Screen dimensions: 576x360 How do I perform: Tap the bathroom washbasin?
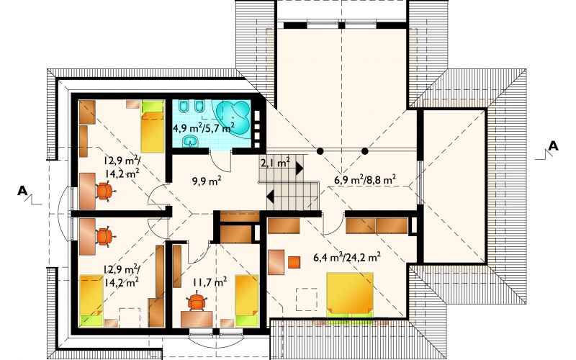pyautogui.click(x=190, y=140)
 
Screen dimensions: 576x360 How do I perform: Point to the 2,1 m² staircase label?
pyautogui.click(x=275, y=162)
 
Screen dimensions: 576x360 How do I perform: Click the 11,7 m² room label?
pyautogui.click(x=210, y=282)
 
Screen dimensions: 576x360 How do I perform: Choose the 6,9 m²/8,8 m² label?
pyautogui.click(x=365, y=179)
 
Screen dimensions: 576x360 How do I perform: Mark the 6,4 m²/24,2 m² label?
pyautogui.click(x=347, y=257)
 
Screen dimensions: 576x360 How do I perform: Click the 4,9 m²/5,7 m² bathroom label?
pyautogui.click(x=204, y=128)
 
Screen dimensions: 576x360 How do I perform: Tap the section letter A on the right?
pyautogui.click(x=553, y=146)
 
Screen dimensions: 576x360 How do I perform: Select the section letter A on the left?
pyautogui.click(x=23, y=191)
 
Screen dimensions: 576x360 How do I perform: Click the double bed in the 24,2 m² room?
pyautogui.click(x=350, y=294)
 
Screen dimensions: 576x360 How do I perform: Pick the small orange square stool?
pyautogui.click(x=294, y=262)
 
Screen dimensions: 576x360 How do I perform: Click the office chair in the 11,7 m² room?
pyautogui.click(x=197, y=301)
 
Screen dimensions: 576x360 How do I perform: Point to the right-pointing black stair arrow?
pyautogui.click(x=300, y=168)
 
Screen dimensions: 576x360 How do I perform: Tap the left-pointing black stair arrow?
pyautogui.click(x=270, y=197)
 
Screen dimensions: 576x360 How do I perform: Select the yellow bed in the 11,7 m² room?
pyautogui.click(x=247, y=300)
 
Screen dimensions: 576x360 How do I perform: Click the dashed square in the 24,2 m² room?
pyautogui.click(x=307, y=300)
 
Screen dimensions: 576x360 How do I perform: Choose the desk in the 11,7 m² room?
pyautogui.click(x=197, y=319)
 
